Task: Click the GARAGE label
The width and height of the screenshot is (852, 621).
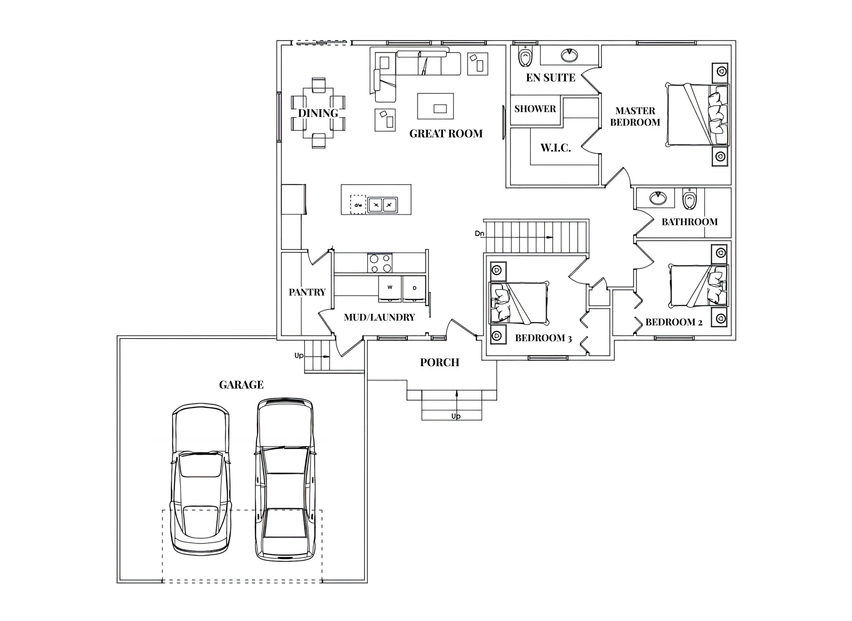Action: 241,385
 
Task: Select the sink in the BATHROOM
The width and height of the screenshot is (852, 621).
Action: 658,198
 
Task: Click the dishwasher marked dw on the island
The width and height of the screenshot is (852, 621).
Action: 358,205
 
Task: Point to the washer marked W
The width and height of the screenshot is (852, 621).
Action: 390,288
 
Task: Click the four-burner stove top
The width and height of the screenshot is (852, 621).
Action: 380,263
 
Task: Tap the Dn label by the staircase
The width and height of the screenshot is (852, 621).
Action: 480,234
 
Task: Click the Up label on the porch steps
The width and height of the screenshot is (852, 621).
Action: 456,416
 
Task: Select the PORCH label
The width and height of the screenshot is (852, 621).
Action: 440,363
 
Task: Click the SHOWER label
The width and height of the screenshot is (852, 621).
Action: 535,109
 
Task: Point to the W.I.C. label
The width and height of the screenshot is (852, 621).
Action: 556,148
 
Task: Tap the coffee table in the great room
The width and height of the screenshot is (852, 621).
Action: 436,106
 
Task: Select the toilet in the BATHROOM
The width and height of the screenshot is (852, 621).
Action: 689,199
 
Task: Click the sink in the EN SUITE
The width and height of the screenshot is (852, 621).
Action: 569,55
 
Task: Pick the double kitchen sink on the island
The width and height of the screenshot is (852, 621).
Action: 382,205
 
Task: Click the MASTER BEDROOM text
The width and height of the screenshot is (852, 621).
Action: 635,117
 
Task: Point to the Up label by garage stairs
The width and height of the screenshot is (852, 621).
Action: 299,356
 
